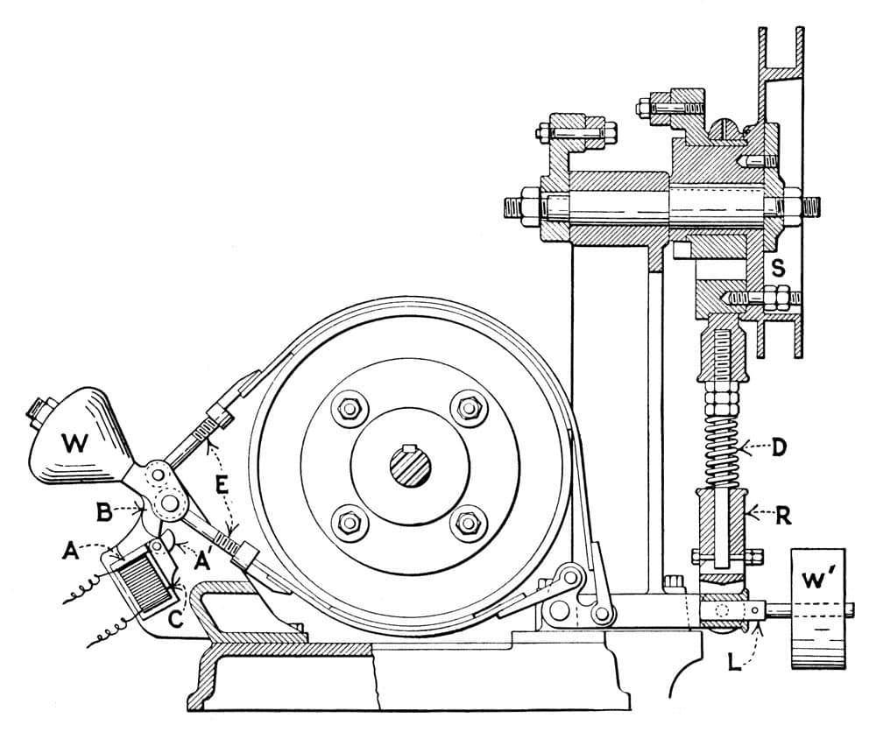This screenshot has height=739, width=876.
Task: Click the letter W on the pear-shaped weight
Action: (74, 443)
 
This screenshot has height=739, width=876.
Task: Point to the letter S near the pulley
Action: (778, 268)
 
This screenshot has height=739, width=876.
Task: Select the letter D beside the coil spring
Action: (779, 448)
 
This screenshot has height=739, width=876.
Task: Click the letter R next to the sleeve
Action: (783, 516)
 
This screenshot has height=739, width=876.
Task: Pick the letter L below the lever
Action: (735, 662)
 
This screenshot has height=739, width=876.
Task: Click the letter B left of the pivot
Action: (104, 511)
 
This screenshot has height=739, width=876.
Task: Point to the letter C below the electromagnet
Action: (176, 619)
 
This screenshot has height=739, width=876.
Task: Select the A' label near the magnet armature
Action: (203, 560)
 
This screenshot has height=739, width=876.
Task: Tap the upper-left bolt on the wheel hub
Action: (350, 409)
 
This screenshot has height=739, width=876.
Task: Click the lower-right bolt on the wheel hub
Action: (468, 524)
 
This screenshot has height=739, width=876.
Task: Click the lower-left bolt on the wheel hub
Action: (350, 524)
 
